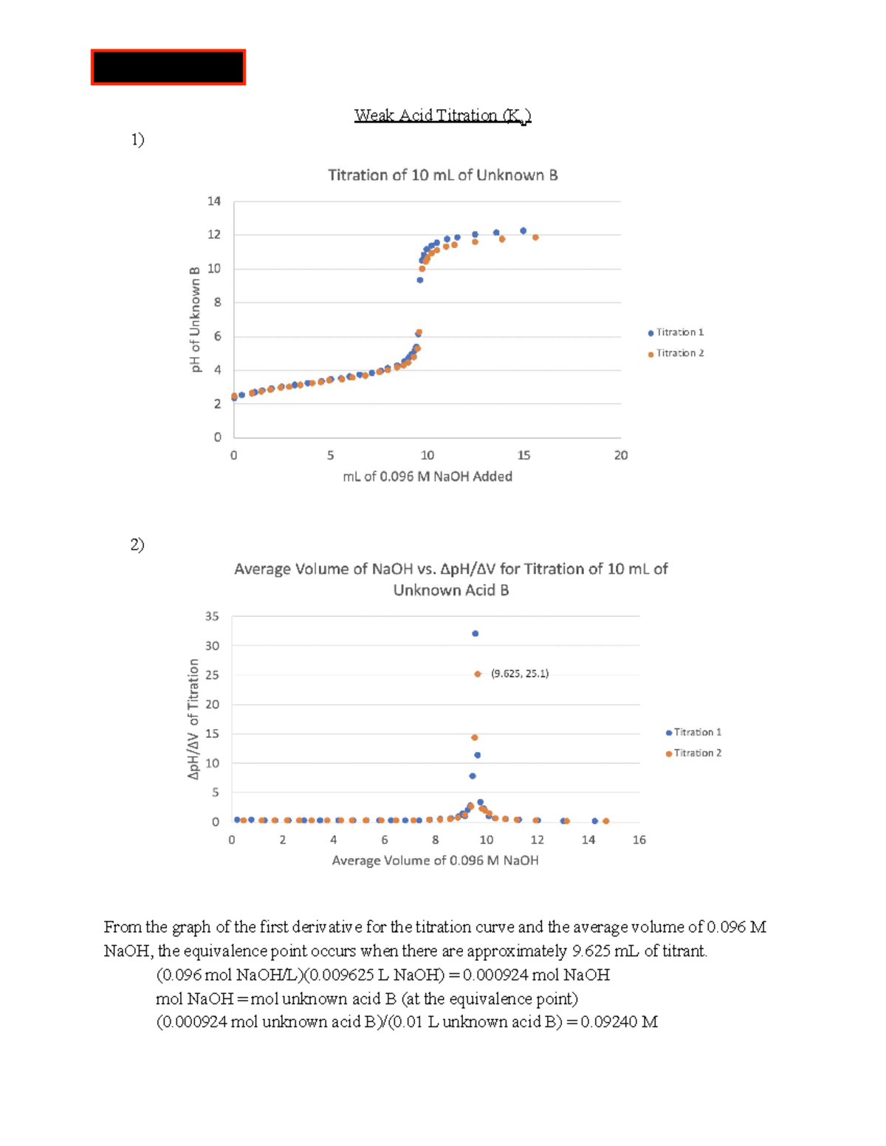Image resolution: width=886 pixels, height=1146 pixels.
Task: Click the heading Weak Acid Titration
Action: [x=442, y=116]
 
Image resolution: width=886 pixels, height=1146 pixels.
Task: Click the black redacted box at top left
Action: [x=168, y=68]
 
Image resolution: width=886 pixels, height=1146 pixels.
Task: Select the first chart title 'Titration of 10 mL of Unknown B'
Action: [x=442, y=176]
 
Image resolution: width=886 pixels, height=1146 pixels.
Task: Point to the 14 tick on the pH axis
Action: [x=214, y=201]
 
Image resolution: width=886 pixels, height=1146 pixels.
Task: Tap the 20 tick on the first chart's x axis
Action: [x=621, y=455]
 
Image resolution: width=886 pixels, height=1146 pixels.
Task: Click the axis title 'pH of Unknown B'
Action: [x=196, y=320]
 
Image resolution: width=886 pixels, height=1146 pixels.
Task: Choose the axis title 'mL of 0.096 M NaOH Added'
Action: [x=427, y=477]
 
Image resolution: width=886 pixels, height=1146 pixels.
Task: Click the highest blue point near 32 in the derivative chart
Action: [x=475, y=634]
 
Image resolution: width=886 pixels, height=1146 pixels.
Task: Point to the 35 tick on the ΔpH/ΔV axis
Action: [x=212, y=616]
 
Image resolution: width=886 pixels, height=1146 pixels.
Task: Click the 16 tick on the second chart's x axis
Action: [x=639, y=840]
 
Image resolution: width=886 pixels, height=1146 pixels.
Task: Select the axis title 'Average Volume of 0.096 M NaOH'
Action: [x=435, y=860]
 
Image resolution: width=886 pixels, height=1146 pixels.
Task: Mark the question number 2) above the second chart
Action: [x=137, y=545]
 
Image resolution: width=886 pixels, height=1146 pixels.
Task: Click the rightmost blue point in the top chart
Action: [x=523, y=231]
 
